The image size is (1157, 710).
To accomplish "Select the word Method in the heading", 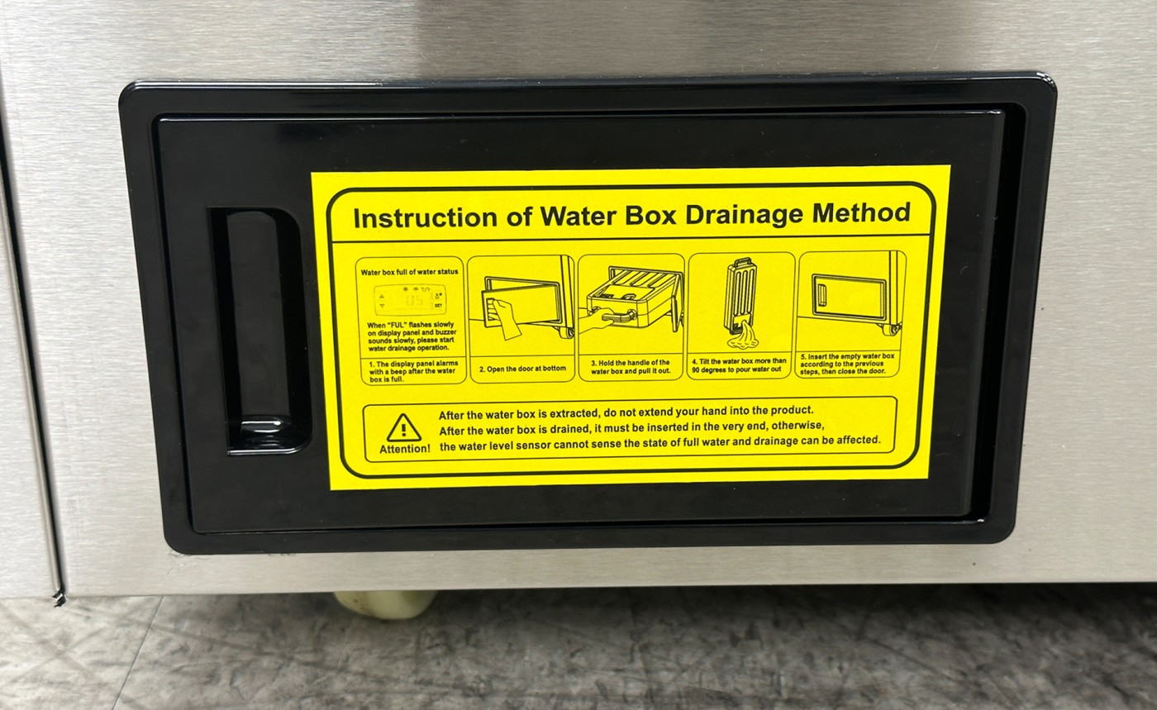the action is (861, 213).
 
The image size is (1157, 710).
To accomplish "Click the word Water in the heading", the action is (578, 216).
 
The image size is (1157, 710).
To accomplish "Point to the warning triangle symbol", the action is (403, 428).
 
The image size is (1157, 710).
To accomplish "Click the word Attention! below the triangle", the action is (404, 449).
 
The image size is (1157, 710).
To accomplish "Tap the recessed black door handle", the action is (261, 331).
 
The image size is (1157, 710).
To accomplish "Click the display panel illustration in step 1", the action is (410, 299).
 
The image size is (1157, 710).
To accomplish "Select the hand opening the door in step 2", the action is (504, 318).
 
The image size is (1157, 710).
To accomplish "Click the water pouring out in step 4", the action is (743, 336).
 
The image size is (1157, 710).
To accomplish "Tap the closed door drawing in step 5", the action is (850, 296).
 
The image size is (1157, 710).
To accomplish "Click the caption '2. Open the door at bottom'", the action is (522, 369).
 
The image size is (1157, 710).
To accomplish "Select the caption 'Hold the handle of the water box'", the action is (631, 367).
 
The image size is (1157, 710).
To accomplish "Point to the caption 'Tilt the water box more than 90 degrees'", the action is (739, 365).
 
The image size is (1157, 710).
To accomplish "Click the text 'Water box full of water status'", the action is (409, 272).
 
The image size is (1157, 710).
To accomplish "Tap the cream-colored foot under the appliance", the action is (385, 604).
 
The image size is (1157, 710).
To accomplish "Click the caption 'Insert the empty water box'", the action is (847, 364).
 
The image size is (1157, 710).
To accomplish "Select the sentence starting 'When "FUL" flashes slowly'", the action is (412, 336).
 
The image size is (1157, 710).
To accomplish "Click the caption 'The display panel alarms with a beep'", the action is (412, 372).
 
